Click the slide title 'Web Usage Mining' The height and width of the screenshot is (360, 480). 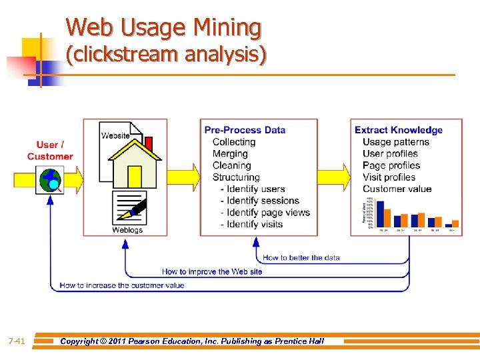pos(163,28)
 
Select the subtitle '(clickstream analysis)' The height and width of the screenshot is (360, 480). pos(166,55)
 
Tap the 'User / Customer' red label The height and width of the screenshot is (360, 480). pos(50,151)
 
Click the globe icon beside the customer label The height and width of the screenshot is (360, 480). pos(50,179)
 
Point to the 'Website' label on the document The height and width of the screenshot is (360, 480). pos(115,135)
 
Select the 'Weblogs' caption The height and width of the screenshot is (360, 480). pos(127,230)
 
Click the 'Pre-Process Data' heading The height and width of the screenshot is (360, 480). pos(245,130)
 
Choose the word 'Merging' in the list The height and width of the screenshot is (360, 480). pos(230,153)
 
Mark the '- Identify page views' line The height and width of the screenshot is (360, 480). pos(265,213)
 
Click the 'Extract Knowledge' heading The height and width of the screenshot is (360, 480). pos(398,130)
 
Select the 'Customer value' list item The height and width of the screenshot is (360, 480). pos(397,189)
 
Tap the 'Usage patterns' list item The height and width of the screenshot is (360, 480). pos(396,142)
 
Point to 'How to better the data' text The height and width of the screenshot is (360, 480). pos(301,257)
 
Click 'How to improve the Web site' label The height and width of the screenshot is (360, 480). pos(212,271)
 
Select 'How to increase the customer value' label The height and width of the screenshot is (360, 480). pos(122,285)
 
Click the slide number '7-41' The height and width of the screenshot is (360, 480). pos(17,341)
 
